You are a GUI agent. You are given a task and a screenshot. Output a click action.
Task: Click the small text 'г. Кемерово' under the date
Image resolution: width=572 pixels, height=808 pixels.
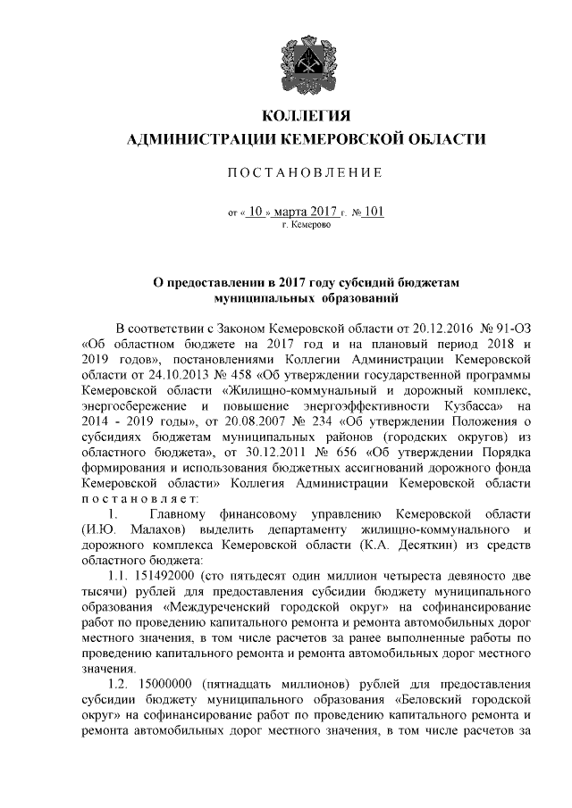306,226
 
